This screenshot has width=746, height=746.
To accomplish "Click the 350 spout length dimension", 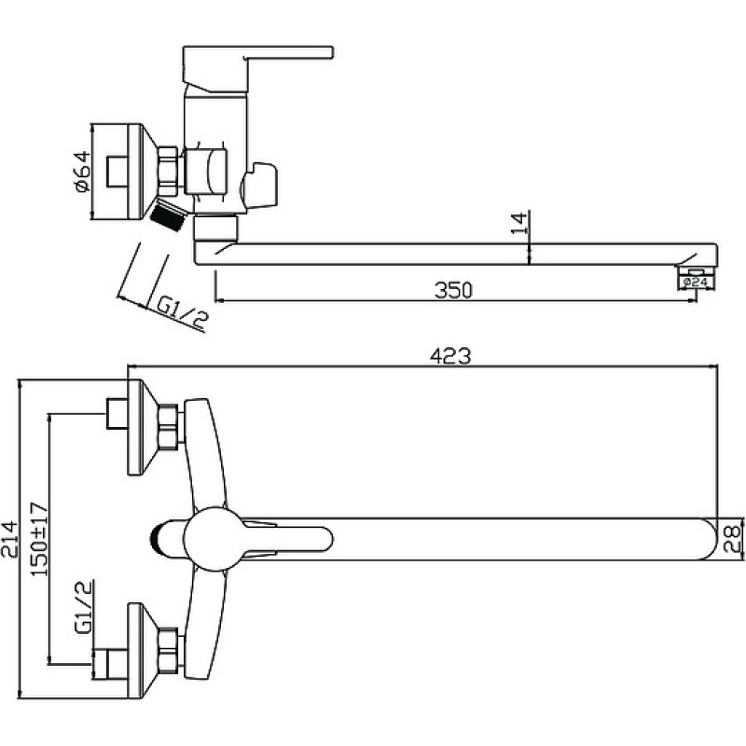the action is [x=453, y=290].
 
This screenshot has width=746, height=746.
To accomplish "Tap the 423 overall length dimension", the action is [x=450, y=356].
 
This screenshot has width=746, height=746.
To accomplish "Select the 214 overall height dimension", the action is [x=9, y=539].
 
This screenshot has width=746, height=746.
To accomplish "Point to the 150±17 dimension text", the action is [x=40, y=539].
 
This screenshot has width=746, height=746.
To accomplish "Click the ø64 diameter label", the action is [x=82, y=172].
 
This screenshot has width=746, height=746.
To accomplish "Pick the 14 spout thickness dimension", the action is [x=519, y=223].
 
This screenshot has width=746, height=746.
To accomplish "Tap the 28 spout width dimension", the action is [x=732, y=539].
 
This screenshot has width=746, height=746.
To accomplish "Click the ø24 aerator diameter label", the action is [x=696, y=283].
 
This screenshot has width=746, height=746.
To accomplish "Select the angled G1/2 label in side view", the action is [x=182, y=312].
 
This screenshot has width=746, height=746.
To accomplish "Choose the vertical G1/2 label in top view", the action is [x=83, y=607].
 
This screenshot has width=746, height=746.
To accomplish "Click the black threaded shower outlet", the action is [x=167, y=216].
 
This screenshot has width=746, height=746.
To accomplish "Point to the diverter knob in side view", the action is [x=259, y=186].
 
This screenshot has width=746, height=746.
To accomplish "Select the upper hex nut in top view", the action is [x=169, y=427].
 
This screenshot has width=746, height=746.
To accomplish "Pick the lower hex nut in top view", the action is [x=169, y=651].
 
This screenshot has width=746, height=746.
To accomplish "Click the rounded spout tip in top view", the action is [x=709, y=539].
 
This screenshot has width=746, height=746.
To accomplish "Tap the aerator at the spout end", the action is [x=696, y=271].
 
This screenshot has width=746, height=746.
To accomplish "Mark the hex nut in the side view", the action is [x=168, y=172].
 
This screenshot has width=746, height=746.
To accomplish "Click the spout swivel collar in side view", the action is [x=216, y=228].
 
